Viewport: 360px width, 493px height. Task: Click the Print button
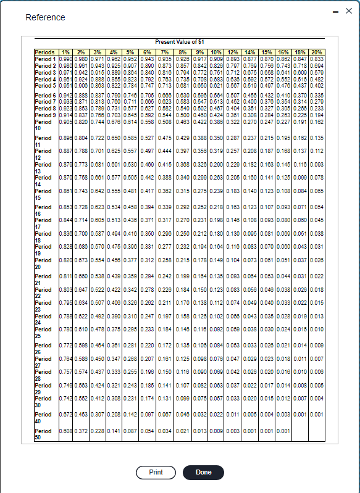pos(156,472)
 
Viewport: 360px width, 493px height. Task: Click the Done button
pos(203,472)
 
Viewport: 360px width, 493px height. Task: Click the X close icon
pos(348,12)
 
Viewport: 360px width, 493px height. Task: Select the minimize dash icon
pos(334,12)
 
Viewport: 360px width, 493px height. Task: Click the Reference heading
pos(45,17)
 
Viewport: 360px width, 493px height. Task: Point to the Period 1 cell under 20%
pos(317,59)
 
